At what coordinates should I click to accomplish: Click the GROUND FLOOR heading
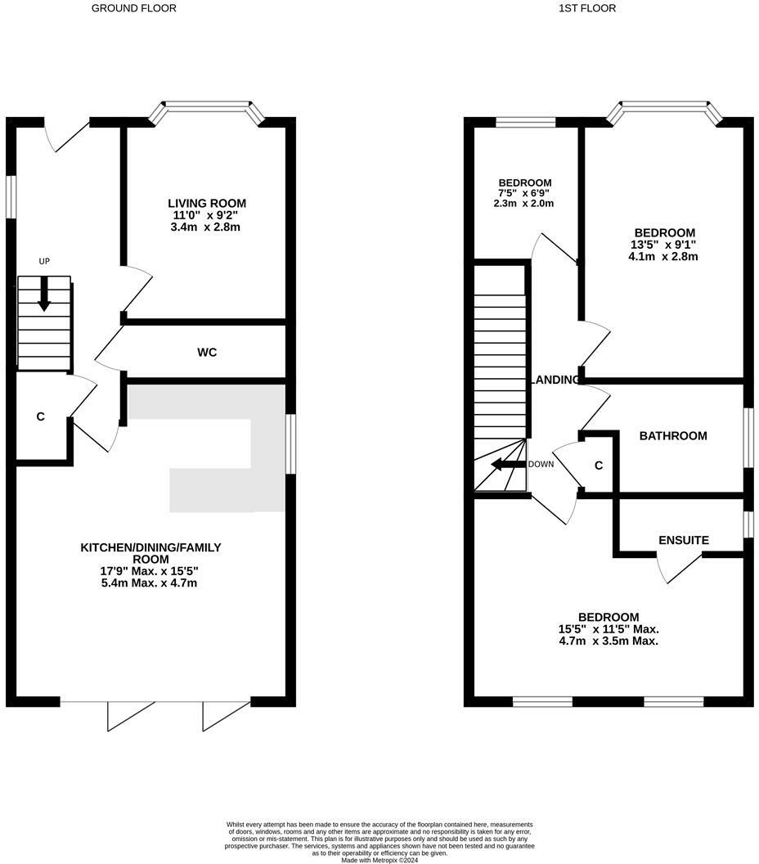coord(133,8)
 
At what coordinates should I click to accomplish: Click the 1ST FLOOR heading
coord(587,8)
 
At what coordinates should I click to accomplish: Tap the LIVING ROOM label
coord(207,204)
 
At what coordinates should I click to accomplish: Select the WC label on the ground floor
coord(207,353)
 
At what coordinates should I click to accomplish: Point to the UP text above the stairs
coord(44,261)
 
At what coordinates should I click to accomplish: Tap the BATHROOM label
coord(672,436)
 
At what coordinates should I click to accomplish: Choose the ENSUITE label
coord(684,541)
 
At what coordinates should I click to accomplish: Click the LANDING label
coord(556,380)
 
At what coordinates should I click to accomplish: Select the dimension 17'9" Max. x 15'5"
coord(150,571)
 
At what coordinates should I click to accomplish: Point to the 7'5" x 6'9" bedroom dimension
coord(524,194)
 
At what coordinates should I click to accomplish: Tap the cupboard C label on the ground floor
coord(40,417)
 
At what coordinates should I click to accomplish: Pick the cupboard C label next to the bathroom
coord(599,466)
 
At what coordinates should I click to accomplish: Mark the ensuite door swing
coord(679,568)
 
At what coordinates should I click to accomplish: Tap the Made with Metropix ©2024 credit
coord(379,860)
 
